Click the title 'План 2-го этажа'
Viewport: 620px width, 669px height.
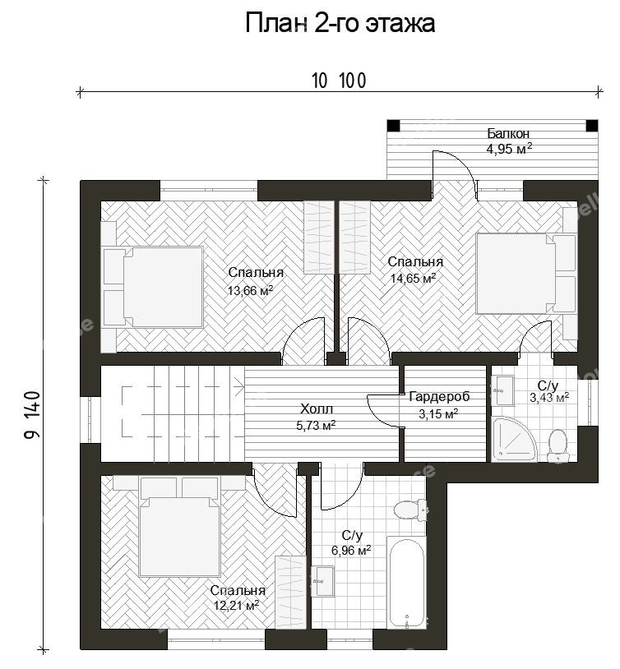(340, 23)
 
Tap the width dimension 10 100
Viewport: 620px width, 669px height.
(339, 81)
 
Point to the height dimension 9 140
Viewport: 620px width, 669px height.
(33, 415)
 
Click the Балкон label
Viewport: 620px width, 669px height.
(508, 133)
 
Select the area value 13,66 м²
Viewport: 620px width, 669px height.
(250, 291)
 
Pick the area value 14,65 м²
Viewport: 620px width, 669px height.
(414, 279)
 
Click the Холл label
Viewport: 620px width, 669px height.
(317, 409)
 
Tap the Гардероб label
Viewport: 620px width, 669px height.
(439, 397)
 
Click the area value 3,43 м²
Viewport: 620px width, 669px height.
(549, 398)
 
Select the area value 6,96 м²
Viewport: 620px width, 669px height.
(351, 551)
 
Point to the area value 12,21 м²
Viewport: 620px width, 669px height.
(237, 606)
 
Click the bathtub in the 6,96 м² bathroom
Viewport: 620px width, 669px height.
(406, 583)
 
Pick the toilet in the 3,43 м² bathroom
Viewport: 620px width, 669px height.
(558, 445)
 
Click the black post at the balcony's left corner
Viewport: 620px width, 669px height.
(393, 126)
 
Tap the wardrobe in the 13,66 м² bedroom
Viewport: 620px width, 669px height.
(318, 238)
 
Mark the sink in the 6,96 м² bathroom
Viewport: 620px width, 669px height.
(322, 581)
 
